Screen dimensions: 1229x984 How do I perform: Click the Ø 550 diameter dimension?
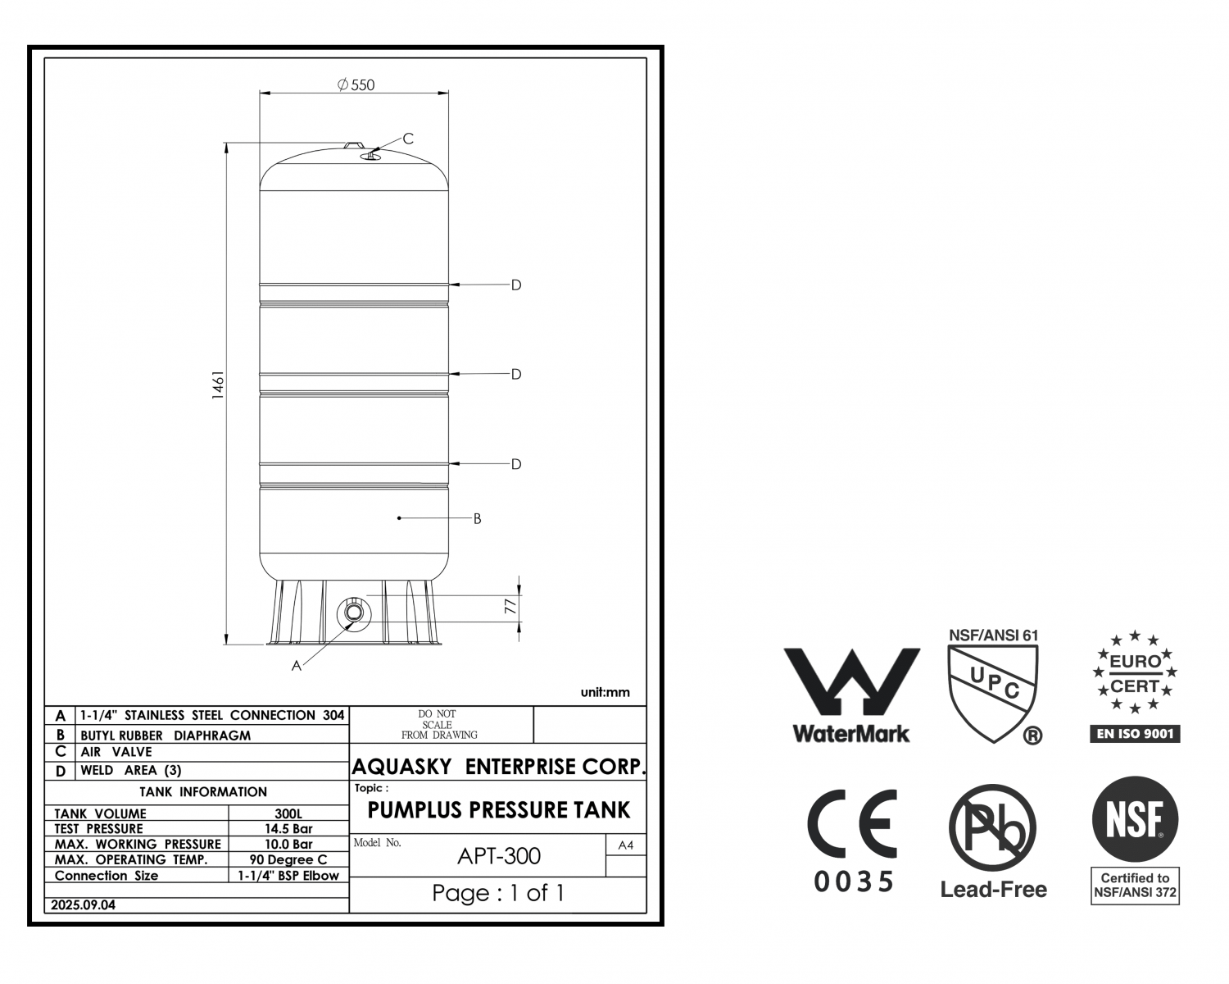point(356,84)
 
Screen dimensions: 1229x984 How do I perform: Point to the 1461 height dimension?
point(218,385)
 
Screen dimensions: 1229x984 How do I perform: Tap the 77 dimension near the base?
point(510,607)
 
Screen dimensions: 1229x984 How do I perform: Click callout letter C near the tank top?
point(408,139)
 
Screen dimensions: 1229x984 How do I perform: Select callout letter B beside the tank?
point(478,518)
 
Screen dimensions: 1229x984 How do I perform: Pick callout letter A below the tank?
point(296,666)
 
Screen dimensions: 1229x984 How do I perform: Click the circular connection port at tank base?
point(353,613)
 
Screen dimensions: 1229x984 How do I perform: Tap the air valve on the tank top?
point(370,155)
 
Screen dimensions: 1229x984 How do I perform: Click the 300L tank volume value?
point(288,813)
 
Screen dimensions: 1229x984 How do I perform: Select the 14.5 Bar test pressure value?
point(288,828)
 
